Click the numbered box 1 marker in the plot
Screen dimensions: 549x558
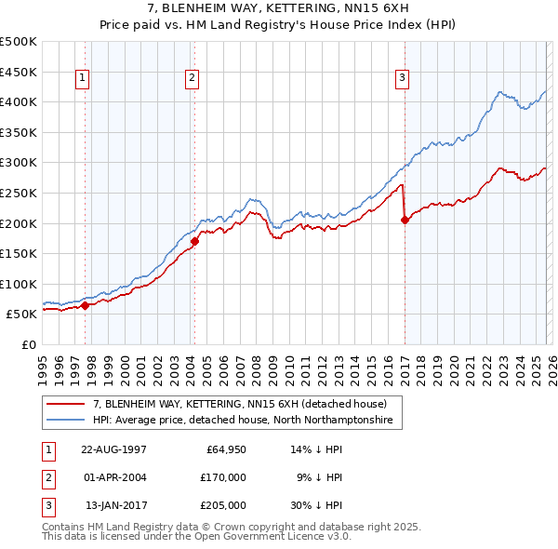pos(84,79)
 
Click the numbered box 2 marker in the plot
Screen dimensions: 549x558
pos(193,79)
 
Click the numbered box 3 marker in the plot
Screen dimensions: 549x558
pos(403,79)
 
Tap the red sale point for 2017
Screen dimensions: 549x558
pos(405,221)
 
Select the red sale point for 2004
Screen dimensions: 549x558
pos(194,242)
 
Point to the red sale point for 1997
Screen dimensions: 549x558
pos(85,305)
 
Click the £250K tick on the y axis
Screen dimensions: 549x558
pos(19,193)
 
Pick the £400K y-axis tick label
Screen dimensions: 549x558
pos(19,101)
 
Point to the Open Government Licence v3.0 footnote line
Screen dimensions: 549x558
pos(196,537)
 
